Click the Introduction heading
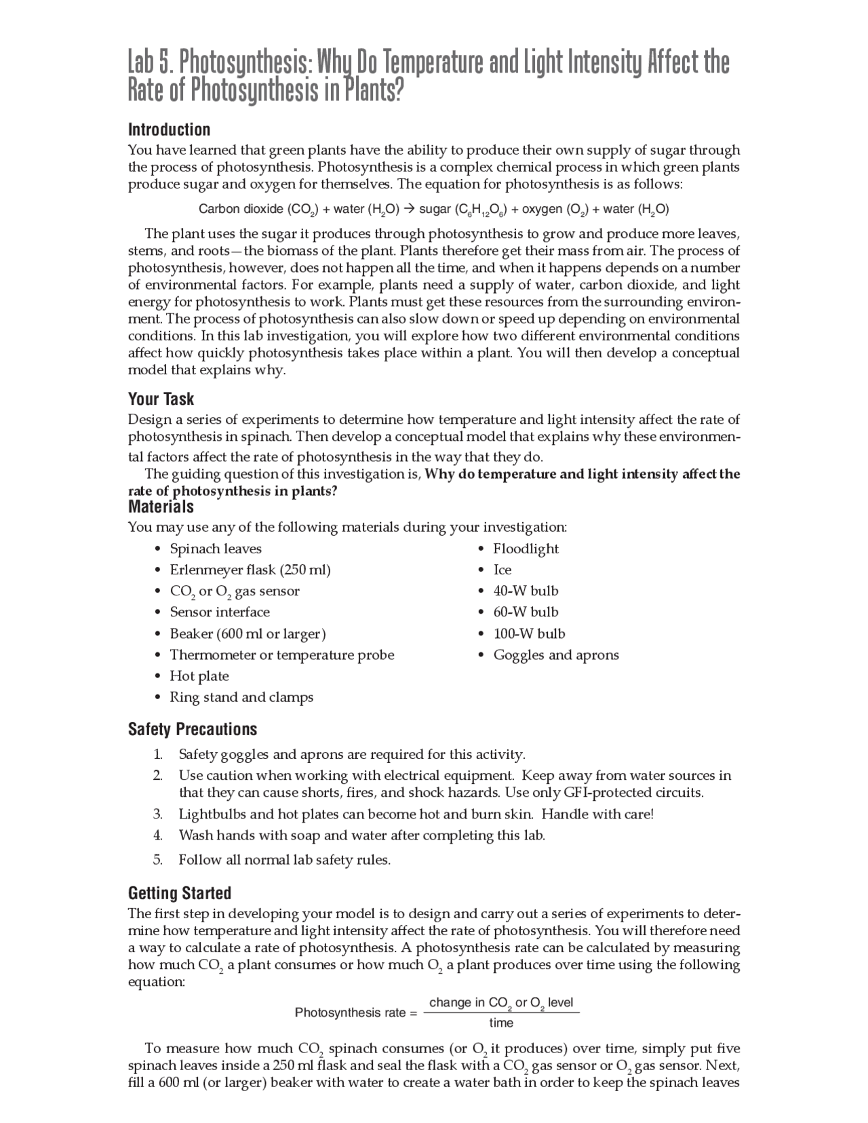(169, 130)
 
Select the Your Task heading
(161, 399)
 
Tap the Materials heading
(161, 507)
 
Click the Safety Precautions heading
(193, 729)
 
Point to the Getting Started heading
(180, 892)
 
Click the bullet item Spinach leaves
(215, 549)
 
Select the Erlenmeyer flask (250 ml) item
(250, 570)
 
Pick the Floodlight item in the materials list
(526, 549)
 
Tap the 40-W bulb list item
(526, 591)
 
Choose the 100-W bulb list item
(529, 633)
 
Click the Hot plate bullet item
(199, 676)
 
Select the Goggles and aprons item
(555, 654)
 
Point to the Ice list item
(502, 570)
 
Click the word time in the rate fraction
(501, 1023)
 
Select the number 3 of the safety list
(157, 814)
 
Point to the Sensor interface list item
(219, 612)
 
